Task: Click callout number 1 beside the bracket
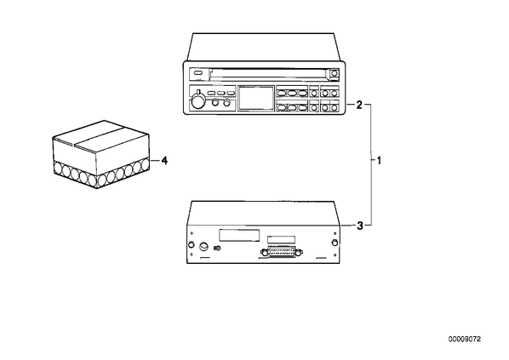379,160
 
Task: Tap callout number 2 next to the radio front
359,105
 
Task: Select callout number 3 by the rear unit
360,226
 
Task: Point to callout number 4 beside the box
164,160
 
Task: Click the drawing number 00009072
465,340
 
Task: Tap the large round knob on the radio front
197,101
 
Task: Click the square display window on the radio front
256,98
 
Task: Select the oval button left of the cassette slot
198,73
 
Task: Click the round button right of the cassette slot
334,73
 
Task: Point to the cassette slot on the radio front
269,74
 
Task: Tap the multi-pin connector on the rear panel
282,252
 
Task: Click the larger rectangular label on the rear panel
239,235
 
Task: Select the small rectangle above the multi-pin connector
281,239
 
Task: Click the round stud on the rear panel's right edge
334,243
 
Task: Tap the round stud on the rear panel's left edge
192,243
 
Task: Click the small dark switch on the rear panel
217,249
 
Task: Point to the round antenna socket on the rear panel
204,247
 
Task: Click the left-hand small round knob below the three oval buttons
214,103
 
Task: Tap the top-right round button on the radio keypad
334,94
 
